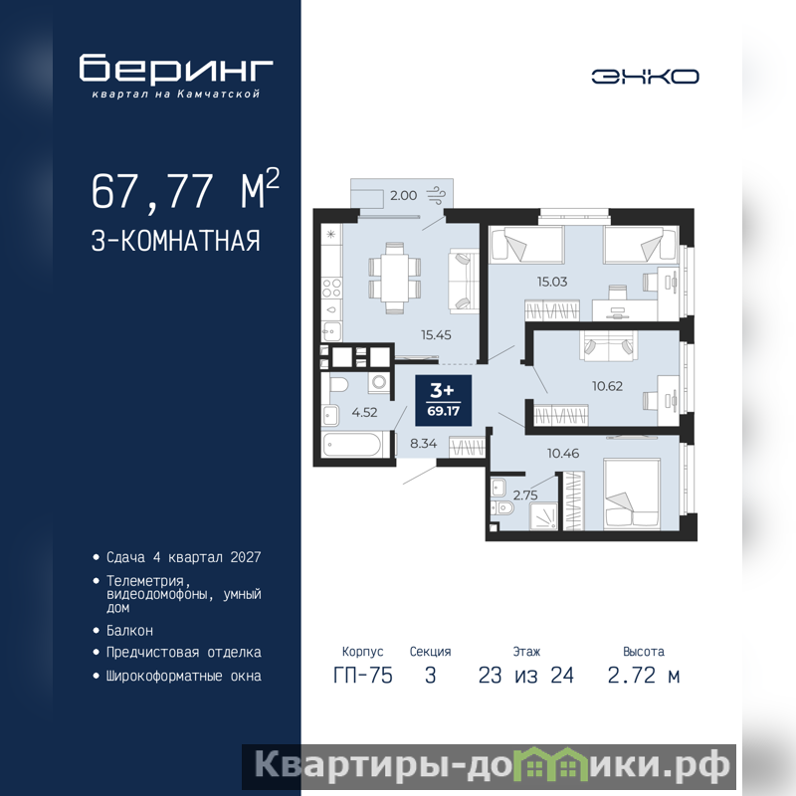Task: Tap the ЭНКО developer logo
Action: pos(645,77)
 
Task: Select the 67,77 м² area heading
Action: pos(185,189)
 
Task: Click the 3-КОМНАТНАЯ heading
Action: pos(176,241)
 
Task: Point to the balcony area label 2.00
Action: pos(403,195)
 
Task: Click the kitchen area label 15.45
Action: pos(436,334)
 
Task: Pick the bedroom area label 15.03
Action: pos(552,282)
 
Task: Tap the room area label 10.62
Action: pos(607,386)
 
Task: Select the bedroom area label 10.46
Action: pos(563,453)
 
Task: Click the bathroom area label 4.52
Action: pos(364,412)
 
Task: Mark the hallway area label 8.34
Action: pos(424,443)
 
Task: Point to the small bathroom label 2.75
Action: pos(525,495)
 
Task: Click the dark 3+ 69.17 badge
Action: pos(443,400)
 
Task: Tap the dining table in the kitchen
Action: pos(394,279)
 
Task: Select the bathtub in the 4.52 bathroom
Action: pos(352,445)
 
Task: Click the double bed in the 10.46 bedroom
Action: pos(632,494)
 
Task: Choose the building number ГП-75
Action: pos(363,676)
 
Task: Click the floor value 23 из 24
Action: pos(526,676)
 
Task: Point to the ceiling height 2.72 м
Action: pos(643,676)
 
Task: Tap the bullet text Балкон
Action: pos(129,631)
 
